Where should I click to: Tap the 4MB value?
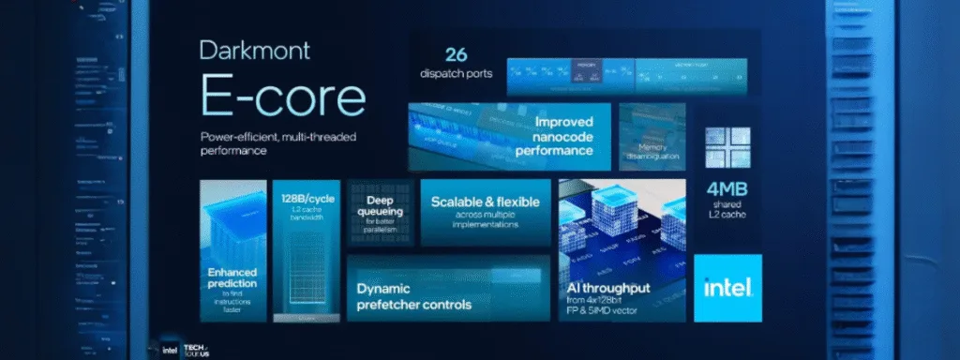(730, 187)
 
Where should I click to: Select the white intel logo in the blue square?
(727, 287)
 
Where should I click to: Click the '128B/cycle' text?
(303, 200)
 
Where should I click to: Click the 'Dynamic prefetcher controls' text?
(413, 295)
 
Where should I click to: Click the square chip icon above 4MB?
(730, 146)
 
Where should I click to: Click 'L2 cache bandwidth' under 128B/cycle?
(303, 217)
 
